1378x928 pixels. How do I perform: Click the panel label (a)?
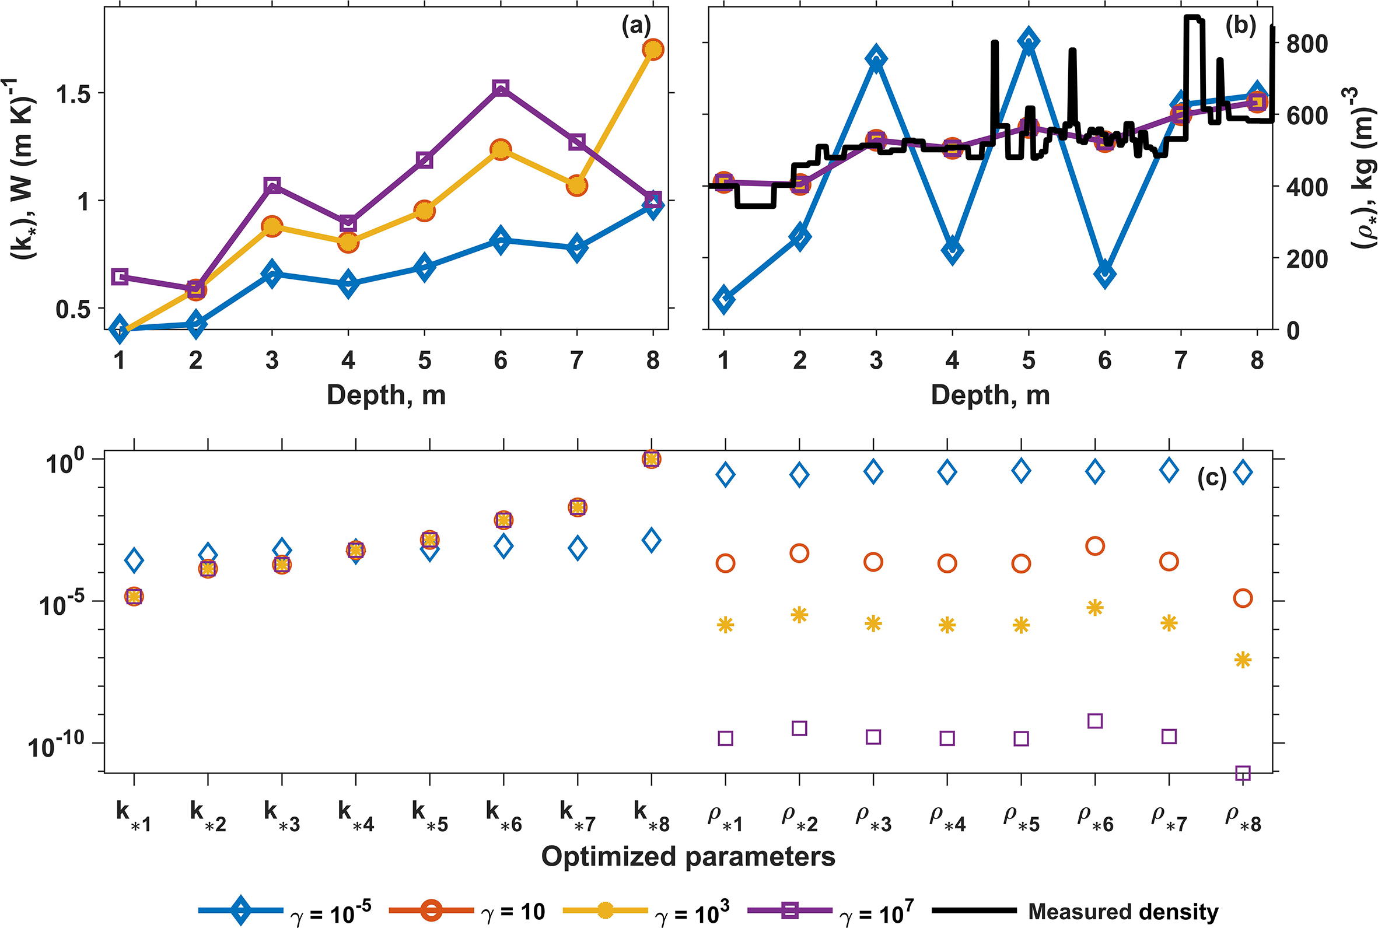(x=636, y=26)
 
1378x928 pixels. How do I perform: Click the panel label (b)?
(x=1240, y=26)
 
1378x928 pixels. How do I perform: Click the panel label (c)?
(x=1212, y=478)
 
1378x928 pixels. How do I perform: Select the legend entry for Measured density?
(x=1123, y=912)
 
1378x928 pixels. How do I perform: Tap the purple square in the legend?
(x=789, y=911)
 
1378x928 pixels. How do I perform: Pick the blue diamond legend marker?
(x=240, y=911)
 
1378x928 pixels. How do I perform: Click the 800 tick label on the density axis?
(x=1306, y=44)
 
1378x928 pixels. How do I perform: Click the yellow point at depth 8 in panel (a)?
(x=653, y=50)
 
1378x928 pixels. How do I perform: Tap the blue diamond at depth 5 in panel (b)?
(x=1029, y=41)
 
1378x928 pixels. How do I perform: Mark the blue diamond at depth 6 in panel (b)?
(x=1105, y=274)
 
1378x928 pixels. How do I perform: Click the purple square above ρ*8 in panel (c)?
(x=1243, y=773)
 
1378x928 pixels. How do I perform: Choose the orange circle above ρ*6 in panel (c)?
(x=1095, y=546)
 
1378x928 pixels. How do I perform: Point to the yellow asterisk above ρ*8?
(x=1243, y=660)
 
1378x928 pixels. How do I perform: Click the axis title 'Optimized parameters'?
(x=688, y=856)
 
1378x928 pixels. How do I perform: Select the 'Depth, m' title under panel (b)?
(x=990, y=395)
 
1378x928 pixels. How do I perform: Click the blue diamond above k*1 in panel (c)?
(x=134, y=560)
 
